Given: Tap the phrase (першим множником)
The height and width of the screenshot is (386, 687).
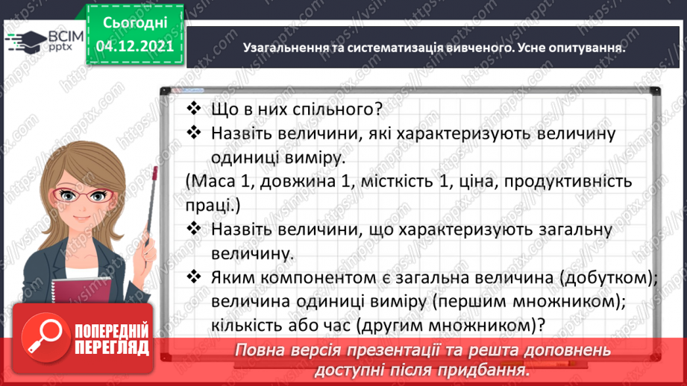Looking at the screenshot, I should point(482,302).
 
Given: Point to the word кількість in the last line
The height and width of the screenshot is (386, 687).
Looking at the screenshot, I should point(245,326).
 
